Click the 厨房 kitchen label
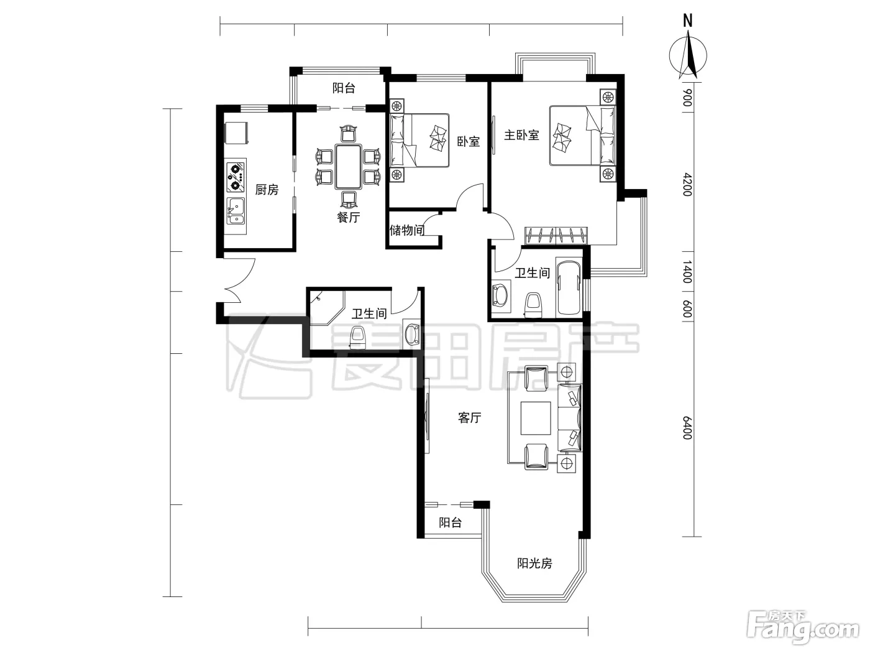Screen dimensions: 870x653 [267, 190]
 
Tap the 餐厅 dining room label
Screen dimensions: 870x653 [348, 217]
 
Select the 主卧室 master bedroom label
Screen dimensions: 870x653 [521, 135]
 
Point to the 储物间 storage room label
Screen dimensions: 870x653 [406, 230]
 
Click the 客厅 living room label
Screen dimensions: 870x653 [470, 417]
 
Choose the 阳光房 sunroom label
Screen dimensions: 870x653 [534, 563]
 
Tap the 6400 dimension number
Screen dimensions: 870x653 [687, 428]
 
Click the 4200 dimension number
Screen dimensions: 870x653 [687, 185]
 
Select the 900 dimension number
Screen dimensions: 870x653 [687, 98]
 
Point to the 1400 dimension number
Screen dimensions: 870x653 [687, 272]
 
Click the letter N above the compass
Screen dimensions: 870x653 [688, 21]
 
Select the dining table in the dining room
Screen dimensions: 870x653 [348, 167]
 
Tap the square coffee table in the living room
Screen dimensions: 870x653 [536, 419]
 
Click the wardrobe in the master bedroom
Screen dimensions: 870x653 [556, 236]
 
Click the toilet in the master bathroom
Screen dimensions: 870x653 [533, 306]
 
